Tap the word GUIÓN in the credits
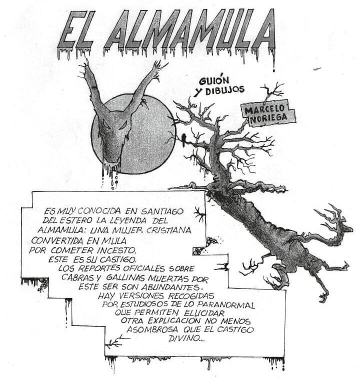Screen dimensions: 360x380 214,81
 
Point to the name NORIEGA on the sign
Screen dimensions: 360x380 268,118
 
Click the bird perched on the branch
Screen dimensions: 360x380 184,140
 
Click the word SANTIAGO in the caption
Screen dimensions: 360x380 162,211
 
